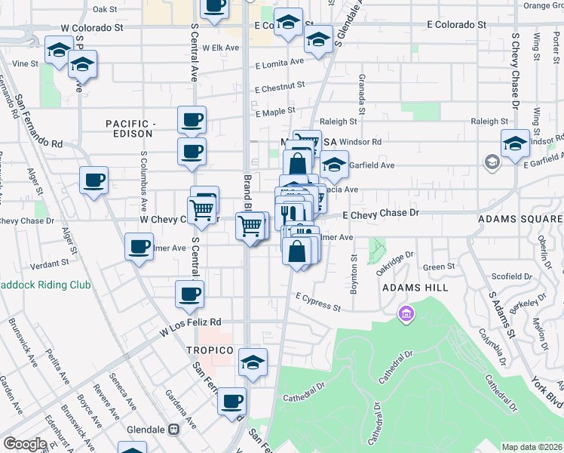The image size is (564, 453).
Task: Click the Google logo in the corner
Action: (x=25, y=444)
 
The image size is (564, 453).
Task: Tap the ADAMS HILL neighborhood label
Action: (x=415, y=288)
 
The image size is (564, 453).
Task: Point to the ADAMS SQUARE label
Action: (x=520, y=220)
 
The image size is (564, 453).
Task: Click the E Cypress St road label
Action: (x=318, y=303)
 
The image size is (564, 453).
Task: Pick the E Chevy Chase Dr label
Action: (x=380, y=214)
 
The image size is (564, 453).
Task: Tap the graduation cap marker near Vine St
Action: (x=58, y=51)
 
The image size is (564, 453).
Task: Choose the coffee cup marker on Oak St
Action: (x=214, y=6)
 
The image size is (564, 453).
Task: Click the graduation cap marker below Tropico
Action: (x=253, y=362)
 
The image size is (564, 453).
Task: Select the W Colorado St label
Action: (x=92, y=27)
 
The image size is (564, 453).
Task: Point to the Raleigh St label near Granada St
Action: (x=338, y=121)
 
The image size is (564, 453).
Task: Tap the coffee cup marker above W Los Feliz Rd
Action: (x=189, y=294)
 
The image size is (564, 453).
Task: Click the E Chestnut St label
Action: (x=279, y=88)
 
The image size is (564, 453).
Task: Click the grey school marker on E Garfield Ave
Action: (x=492, y=162)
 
